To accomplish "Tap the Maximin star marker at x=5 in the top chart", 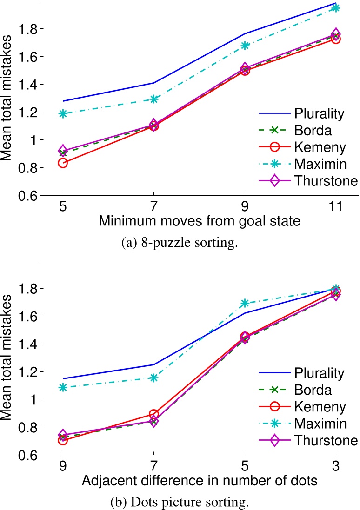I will pos(62,113).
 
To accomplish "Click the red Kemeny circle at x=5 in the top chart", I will pos(62,163).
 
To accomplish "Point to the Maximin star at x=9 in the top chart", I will pos(245,45).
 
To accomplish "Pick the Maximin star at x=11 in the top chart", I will pos(335,8).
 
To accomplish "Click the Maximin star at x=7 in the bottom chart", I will pos(153,378).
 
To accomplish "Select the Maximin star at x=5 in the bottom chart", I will pos(245,304).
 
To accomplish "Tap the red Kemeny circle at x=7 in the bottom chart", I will pos(153,414).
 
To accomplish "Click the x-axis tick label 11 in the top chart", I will pos(335,206).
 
